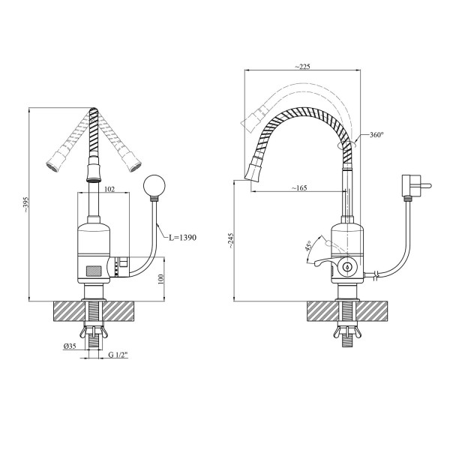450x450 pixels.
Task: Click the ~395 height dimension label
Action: [26, 204]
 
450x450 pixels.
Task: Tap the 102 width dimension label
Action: [109, 189]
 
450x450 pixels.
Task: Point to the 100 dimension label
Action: [160, 279]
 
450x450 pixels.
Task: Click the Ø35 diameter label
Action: [70, 346]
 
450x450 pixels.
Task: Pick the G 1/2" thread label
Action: [118, 355]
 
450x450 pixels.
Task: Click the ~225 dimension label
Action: [302, 67]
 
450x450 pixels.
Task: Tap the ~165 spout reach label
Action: [299, 188]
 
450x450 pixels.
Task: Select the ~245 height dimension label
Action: [231, 241]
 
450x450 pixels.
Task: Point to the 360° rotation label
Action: [376, 134]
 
